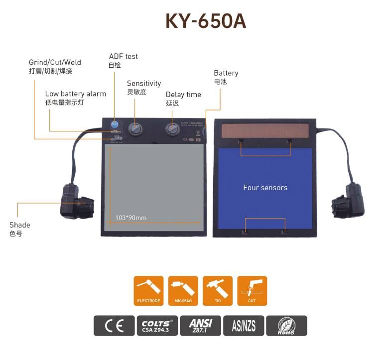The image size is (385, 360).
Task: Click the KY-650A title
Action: click(206, 21)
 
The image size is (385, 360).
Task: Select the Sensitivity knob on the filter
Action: click(134, 128)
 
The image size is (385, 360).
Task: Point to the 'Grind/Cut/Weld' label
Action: click(55, 63)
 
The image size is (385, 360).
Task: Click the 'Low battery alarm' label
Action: click(75, 94)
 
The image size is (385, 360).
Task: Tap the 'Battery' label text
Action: click(226, 73)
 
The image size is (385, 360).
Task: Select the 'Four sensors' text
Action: click(265, 188)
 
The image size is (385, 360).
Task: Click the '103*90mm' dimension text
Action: click(130, 218)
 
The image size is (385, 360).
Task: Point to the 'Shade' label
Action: click(20, 225)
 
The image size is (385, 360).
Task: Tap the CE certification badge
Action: click(114, 326)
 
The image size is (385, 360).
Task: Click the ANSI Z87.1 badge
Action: click(201, 326)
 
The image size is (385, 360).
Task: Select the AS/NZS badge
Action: click(244, 326)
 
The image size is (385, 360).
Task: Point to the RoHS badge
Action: click(286, 326)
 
